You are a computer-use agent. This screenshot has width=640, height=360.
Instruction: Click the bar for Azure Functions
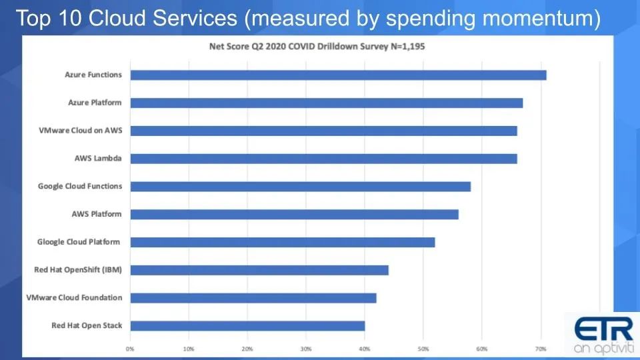pyautogui.click(x=338, y=75)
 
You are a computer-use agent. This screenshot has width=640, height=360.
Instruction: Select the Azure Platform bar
pyautogui.click(x=326, y=103)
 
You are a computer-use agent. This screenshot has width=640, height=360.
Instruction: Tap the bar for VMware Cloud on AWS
pyautogui.click(x=323, y=131)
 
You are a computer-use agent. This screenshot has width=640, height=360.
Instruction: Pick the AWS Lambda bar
pyautogui.click(x=323, y=159)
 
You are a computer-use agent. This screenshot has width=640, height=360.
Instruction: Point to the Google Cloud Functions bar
pyautogui.click(x=300, y=187)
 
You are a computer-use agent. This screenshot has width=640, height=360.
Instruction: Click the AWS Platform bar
pyautogui.click(x=294, y=214)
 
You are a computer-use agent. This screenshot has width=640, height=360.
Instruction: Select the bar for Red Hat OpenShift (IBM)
pyautogui.click(x=259, y=270)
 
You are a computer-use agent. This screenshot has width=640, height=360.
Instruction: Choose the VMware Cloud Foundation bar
pyautogui.click(x=253, y=298)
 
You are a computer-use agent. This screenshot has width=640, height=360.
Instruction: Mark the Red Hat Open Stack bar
pyautogui.click(x=247, y=326)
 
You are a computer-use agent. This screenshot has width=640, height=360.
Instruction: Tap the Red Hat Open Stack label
pyautogui.click(x=87, y=326)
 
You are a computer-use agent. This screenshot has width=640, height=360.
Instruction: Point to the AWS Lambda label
pyautogui.click(x=98, y=159)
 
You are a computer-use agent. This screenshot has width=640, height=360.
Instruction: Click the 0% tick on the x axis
pyautogui.click(x=130, y=349)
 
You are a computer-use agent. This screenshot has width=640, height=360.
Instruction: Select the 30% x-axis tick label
pyautogui.click(x=306, y=349)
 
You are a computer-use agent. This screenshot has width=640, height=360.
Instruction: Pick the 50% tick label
pyautogui.click(x=423, y=349)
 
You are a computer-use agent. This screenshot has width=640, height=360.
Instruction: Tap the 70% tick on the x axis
pyautogui.click(x=541, y=349)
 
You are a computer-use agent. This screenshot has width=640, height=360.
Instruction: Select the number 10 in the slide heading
pyautogui.click(x=71, y=19)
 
